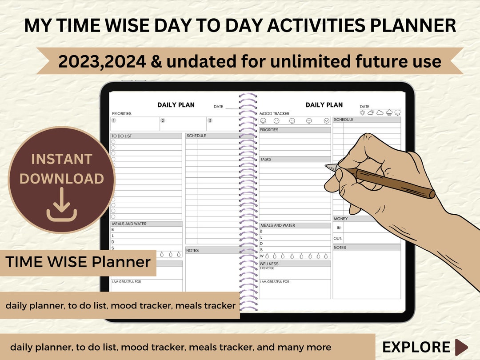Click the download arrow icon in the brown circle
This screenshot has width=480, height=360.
(62, 205)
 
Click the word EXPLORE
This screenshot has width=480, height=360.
(416, 347)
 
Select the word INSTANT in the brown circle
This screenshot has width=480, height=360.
(62, 159)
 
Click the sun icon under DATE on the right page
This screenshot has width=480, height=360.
(362, 113)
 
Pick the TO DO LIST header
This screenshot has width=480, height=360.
(122, 136)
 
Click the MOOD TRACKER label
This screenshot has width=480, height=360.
(274, 114)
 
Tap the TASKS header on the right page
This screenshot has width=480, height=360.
(266, 159)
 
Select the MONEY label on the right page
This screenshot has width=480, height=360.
(341, 219)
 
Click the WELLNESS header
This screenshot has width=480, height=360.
(269, 264)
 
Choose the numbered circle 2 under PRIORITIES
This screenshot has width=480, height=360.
(163, 120)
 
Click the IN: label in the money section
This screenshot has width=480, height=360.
(339, 227)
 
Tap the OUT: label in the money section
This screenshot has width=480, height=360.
(338, 239)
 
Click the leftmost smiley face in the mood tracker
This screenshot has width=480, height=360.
(263, 121)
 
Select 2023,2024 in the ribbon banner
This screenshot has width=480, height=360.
(102, 61)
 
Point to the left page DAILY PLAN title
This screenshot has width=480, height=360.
(176, 105)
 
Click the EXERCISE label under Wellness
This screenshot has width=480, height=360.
(267, 268)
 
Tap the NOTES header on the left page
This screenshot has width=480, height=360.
(193, 251)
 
